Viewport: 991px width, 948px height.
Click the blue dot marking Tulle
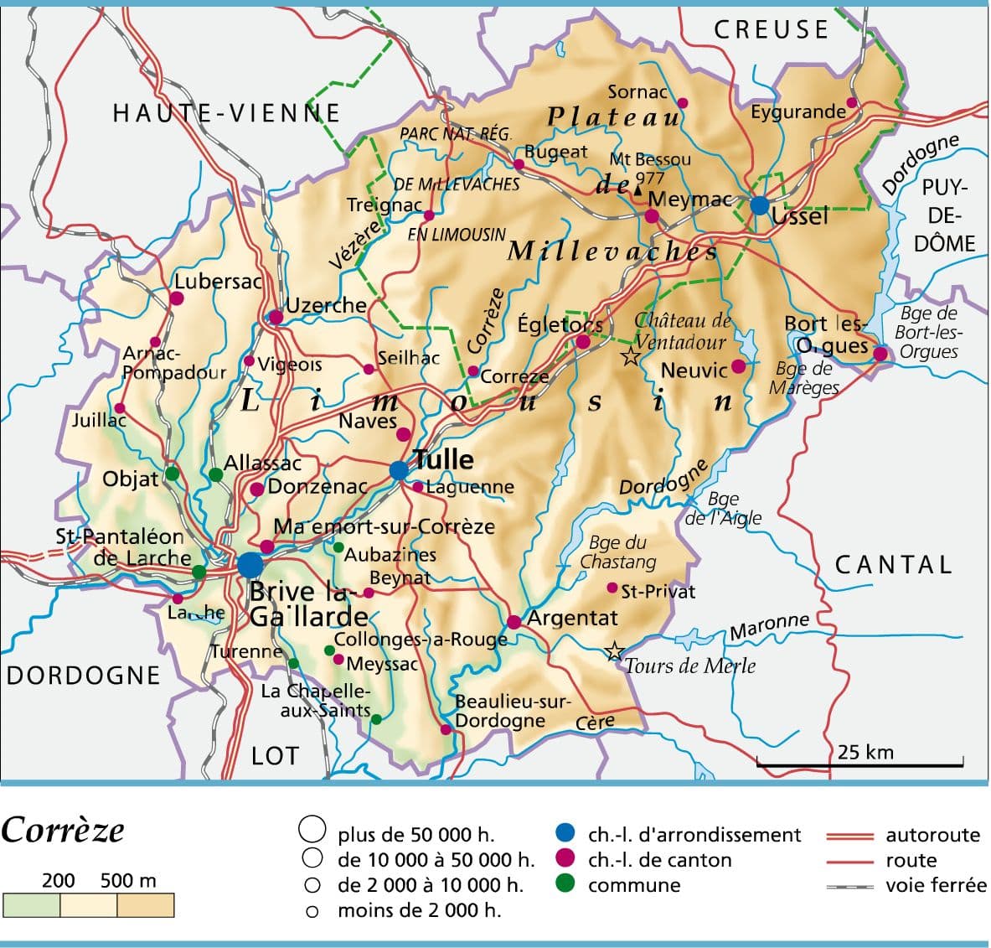[x=400, y=470]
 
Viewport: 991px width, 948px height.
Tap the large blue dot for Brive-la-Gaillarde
[x=250, y=565]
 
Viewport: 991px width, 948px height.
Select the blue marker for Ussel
[x=759, y=205]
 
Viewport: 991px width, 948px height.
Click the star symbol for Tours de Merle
[x=614, y=650]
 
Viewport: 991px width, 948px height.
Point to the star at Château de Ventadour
[x=630, y=357]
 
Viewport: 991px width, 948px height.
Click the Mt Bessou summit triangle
[x=638, y=191]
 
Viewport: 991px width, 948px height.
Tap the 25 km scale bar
[x=859, y=764]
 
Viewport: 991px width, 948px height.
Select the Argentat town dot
[x=514, y=622]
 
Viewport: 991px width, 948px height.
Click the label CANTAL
[x=894, y=564]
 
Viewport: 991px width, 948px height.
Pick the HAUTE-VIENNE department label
[x=226, y=113]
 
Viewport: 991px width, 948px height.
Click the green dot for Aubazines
[x=338, y=547]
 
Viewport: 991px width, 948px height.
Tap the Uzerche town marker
[x=275, y=317]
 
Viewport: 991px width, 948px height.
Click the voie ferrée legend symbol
[x=849, y=886]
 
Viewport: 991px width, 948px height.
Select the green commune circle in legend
[x=565, y=883]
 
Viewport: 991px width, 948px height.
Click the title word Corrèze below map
[x=63, y=831]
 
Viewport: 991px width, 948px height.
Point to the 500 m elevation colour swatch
[x=145, y=905]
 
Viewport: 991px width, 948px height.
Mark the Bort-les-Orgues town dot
[x=880, y=354]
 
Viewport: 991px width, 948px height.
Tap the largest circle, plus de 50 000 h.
[x=312, y=830]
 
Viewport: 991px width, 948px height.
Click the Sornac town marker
[x=682, y=103]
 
